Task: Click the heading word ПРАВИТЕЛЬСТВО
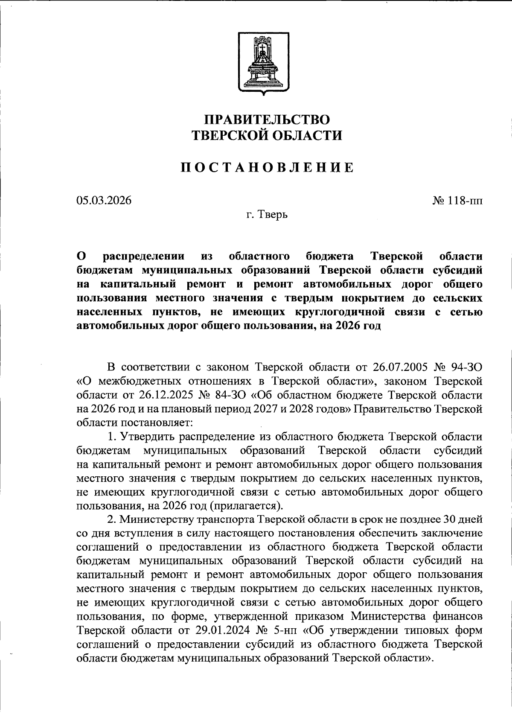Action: [267, 119]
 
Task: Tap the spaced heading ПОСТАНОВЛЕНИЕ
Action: [267, 167]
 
